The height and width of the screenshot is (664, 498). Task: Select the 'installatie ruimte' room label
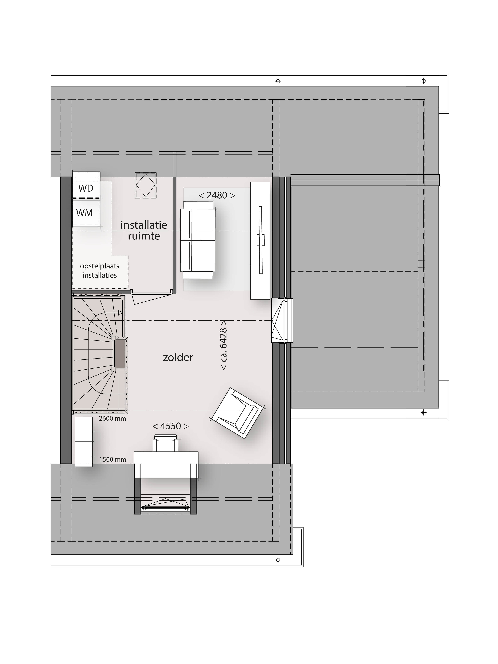[144, 230]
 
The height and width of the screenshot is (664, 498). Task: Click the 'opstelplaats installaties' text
[100, 270]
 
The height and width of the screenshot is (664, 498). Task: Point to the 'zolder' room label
[178, 357]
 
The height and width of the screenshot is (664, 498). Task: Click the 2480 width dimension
[217, 195]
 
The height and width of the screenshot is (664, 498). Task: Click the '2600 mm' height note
[113, 418]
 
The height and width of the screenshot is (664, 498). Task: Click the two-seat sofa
[197, 240]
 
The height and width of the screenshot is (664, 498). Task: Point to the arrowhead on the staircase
[120, 313]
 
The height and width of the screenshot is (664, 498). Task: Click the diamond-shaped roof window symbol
[146, 185]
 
